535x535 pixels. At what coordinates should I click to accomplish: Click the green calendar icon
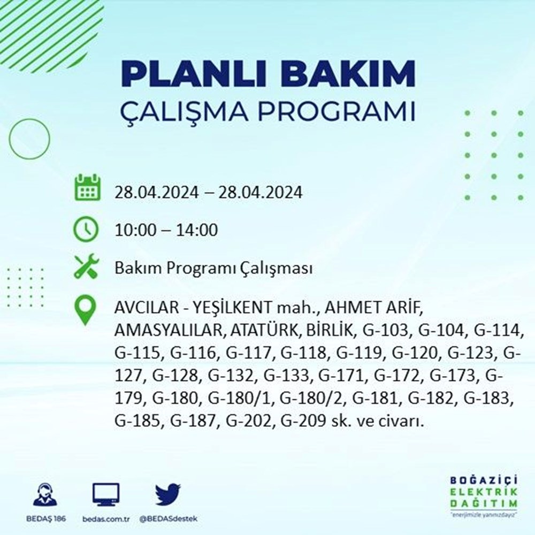tap(87, 187)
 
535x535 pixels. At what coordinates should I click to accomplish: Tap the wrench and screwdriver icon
tap(87, 266)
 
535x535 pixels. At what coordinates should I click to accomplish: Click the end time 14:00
tap(197, 230)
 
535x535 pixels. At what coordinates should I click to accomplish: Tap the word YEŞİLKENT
tap(232, 307)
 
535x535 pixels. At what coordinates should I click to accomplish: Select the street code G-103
tap(386, 330)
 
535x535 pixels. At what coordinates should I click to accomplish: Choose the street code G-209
tap(303, 421)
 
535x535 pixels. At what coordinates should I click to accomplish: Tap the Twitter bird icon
tap(168, 494)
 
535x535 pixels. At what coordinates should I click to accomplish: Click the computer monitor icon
tap(106, 494)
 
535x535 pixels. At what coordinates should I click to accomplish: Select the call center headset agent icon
tap(45, 494)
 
